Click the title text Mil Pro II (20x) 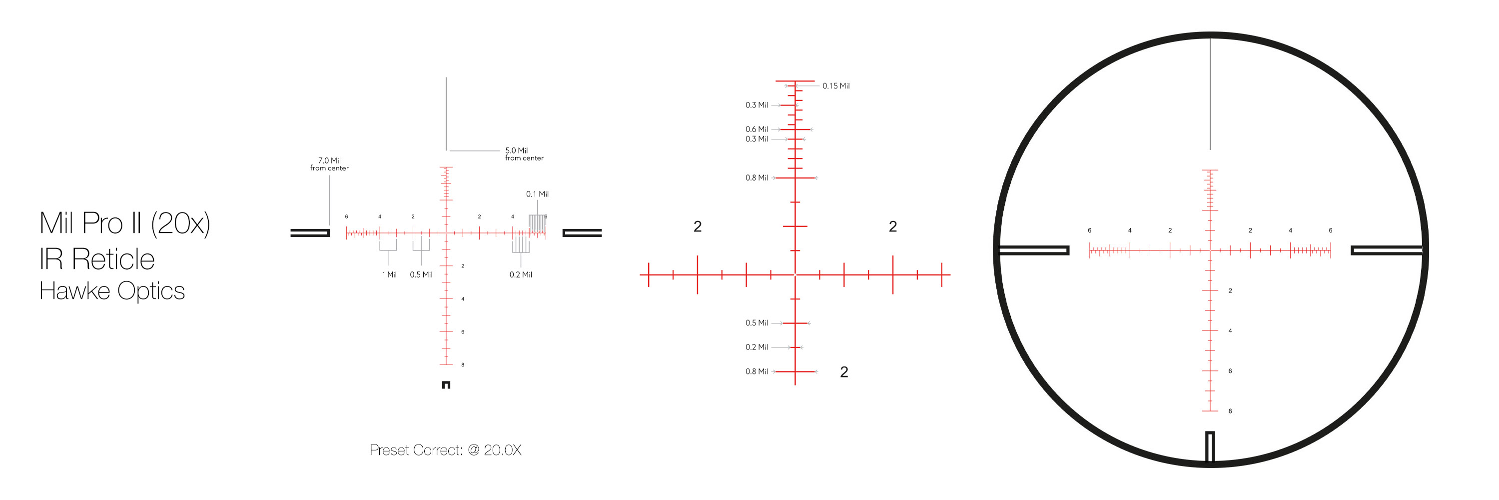[124, 223]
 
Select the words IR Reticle [96, 259]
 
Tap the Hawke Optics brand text [112, 290]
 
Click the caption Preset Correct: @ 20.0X [445, 450]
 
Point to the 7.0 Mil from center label [329, 164]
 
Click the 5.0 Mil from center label [524, 153]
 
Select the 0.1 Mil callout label [537, 194]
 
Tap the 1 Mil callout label [389, 274]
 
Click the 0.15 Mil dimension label [835, 85]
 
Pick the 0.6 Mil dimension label [756, 129]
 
